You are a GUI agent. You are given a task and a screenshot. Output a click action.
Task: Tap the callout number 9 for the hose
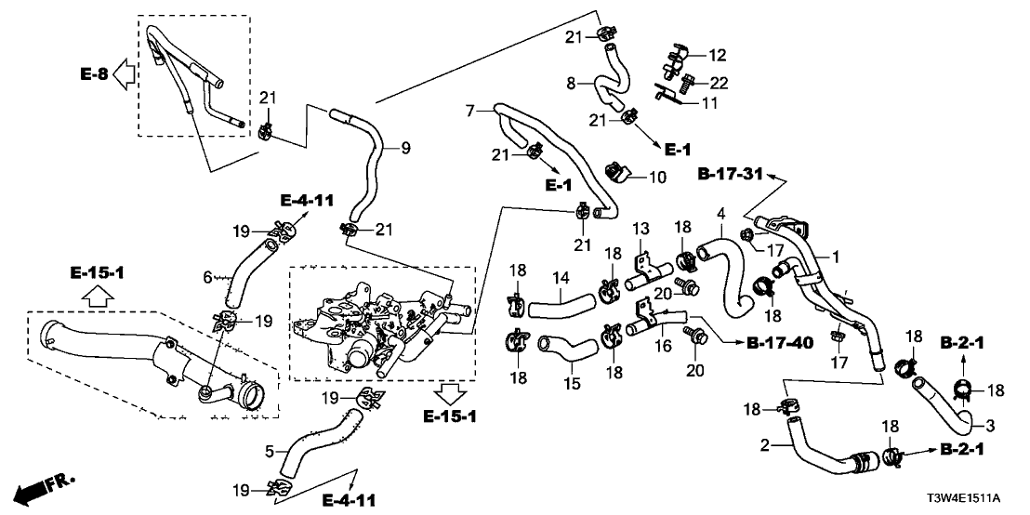pyautogui.click(x=405, y=147)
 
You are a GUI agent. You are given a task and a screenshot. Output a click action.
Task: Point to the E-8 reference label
pyautogui.click(x=93, y=73)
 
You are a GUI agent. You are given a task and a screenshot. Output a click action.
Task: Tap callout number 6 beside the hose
pyautogui.click(x=209, y=276)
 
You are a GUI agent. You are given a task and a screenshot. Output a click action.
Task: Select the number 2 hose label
pyautogui.click(x=763, y=445)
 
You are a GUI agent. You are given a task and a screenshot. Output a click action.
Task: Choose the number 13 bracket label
pyautogui.click(x=640, y=230)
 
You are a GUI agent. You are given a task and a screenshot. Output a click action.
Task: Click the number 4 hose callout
pyautogui.click(x=720, y=216)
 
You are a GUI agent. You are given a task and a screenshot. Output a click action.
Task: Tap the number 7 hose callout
pyautogui.click(x=470, y=111)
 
